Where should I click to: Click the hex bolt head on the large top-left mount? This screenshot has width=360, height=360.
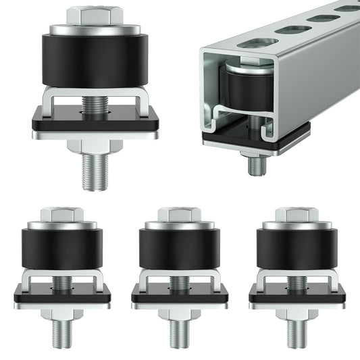pos(95,16)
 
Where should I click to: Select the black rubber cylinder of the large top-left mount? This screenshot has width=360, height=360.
pos(95,61)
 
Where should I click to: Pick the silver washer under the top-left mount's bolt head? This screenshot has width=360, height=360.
pos(95,30)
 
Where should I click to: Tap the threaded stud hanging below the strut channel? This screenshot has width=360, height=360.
pos(256,163)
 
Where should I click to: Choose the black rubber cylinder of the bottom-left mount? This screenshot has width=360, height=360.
pos(61,249)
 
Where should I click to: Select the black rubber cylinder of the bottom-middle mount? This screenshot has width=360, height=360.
pos(179,249)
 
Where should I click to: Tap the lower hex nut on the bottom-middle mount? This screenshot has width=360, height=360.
pos(179,313)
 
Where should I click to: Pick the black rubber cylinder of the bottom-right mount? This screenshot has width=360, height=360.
pos(297,249)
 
